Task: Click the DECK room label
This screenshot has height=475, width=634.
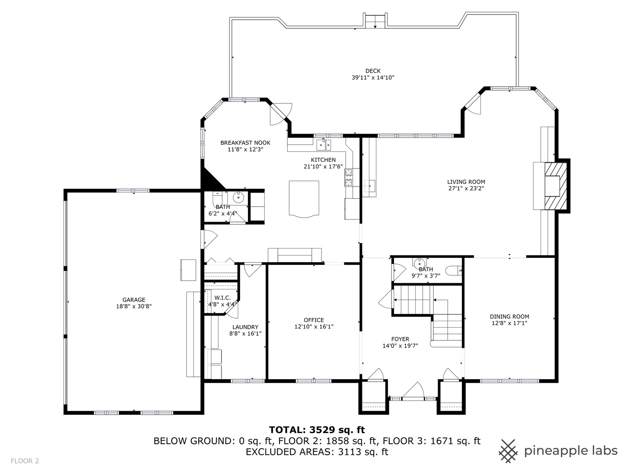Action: pos(373,71)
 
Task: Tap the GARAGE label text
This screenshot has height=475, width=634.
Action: pos(134,300)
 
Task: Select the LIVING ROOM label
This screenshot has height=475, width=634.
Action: pos(466,182)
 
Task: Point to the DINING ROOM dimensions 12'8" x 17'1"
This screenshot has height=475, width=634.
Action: pos(509,323)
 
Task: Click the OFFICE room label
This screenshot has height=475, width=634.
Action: pos(313,320)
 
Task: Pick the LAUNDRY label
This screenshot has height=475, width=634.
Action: pos(245,327)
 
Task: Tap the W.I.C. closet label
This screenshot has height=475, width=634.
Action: pos(222,298)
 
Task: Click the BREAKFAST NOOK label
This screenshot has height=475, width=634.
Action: pos(245,142)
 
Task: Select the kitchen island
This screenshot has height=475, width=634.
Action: pos(304,198)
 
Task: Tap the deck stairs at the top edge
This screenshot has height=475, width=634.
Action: pos(375,21)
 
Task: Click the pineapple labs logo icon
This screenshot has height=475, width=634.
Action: pos(508,451)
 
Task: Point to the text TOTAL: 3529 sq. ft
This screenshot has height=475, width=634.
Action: pos(317,430)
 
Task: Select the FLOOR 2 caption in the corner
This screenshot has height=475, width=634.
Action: pos(25,461)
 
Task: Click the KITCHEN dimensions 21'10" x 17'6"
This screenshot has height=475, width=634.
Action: pos(323,167)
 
